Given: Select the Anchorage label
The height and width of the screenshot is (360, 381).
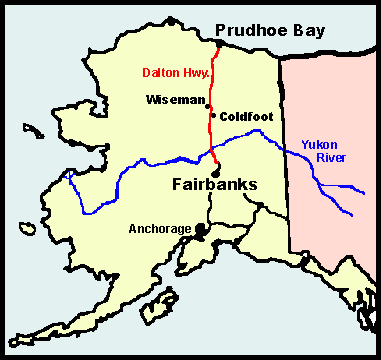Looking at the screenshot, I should tap(160, 229).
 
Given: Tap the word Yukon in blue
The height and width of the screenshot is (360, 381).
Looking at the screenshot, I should tap(318, 144).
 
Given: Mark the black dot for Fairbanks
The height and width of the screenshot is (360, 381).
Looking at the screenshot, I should tap(216, 166).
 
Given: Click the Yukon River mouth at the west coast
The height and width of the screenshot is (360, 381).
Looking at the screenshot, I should tap(66, 172).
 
